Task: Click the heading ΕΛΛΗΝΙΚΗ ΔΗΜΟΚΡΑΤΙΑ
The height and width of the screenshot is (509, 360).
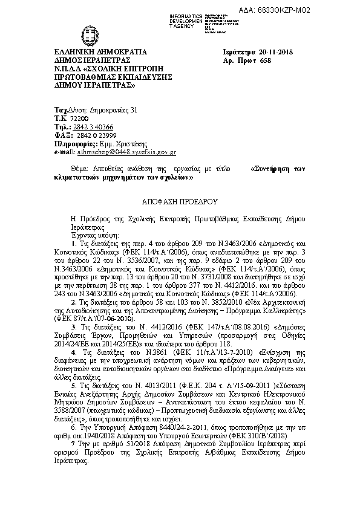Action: pos(100,52)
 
